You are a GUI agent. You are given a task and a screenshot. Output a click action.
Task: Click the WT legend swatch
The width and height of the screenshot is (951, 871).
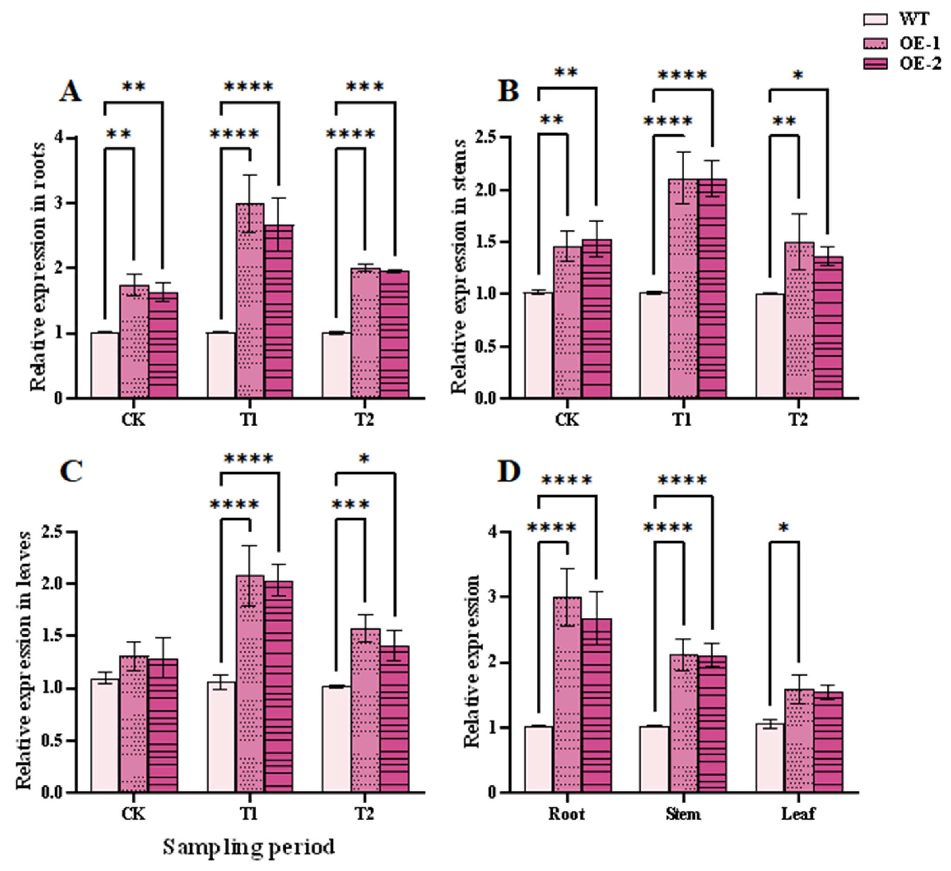[875, 19]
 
